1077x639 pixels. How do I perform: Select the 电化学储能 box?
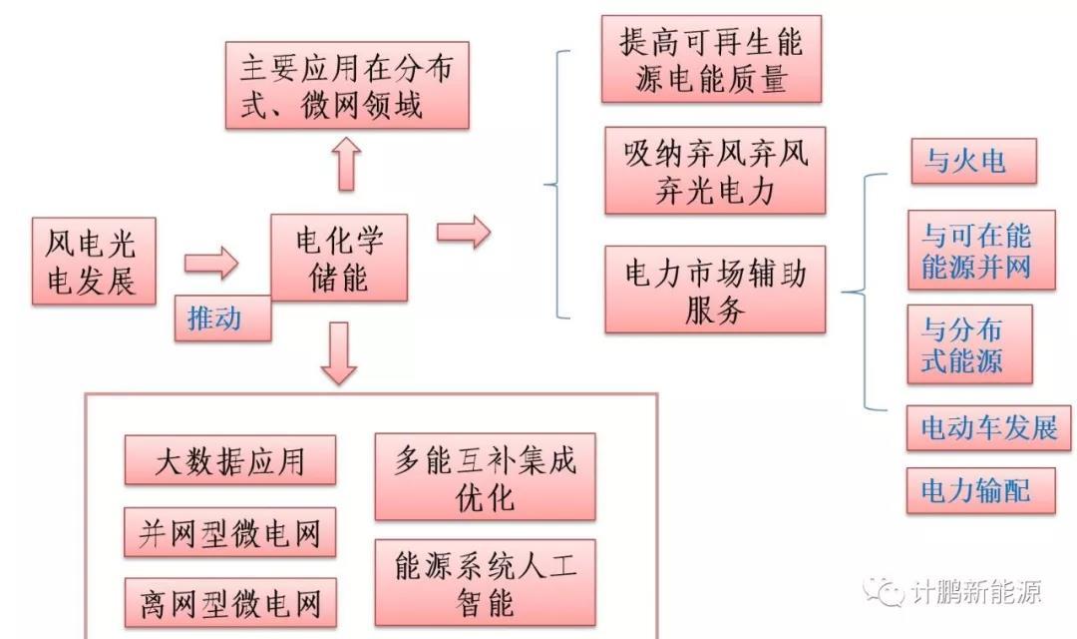click(x=339, y=258)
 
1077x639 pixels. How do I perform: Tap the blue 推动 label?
click(x=221, y=319)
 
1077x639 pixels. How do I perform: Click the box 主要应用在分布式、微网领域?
click(x=346, y=85)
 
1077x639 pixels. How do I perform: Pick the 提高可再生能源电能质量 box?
click(x=711, y=59)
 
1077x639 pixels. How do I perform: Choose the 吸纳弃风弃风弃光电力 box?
click(x=715, y=171)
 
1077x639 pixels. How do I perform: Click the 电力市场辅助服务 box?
click(x=715, y=290)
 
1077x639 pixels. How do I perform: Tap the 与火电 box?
click(x=973, y=161)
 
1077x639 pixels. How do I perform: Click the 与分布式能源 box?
click(x=968, y=344)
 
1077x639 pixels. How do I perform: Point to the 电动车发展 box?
click(x=988, y=429)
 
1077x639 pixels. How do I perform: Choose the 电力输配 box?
click(x=973, y=490)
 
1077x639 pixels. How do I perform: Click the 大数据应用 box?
click(x=230, y=460)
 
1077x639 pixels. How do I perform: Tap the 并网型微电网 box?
click(x=230, y=533)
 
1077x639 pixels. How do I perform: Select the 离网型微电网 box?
click(x=230, y=603)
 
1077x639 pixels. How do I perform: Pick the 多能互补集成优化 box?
click(x=485, y=477)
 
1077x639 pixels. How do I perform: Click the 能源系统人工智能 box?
click(x=485, y=584)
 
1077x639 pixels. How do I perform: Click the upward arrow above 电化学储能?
click(x=346, y=163)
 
